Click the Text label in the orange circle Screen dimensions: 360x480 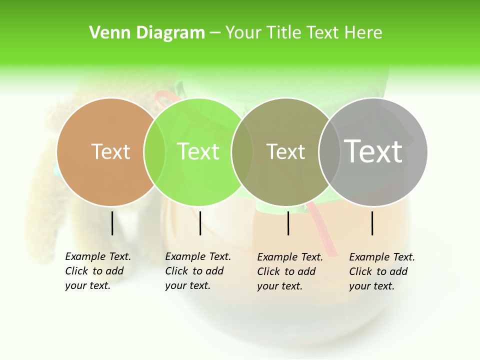click(110, 151)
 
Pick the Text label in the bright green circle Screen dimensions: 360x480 click(198, 151)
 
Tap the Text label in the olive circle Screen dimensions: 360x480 click(285, 151)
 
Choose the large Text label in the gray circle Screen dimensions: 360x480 click(373, 151)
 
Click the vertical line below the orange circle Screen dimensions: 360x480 click(112, 223)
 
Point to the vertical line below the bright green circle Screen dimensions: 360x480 click(200, 223)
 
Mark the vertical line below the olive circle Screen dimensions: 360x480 click(288, 223)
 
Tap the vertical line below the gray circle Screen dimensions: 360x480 click(372, 223)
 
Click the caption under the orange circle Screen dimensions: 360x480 click(98, 271)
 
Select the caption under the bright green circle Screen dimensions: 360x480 click(198, 271)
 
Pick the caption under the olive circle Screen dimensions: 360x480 click(290, 271)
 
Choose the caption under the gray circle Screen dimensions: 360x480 click(382, 271)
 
